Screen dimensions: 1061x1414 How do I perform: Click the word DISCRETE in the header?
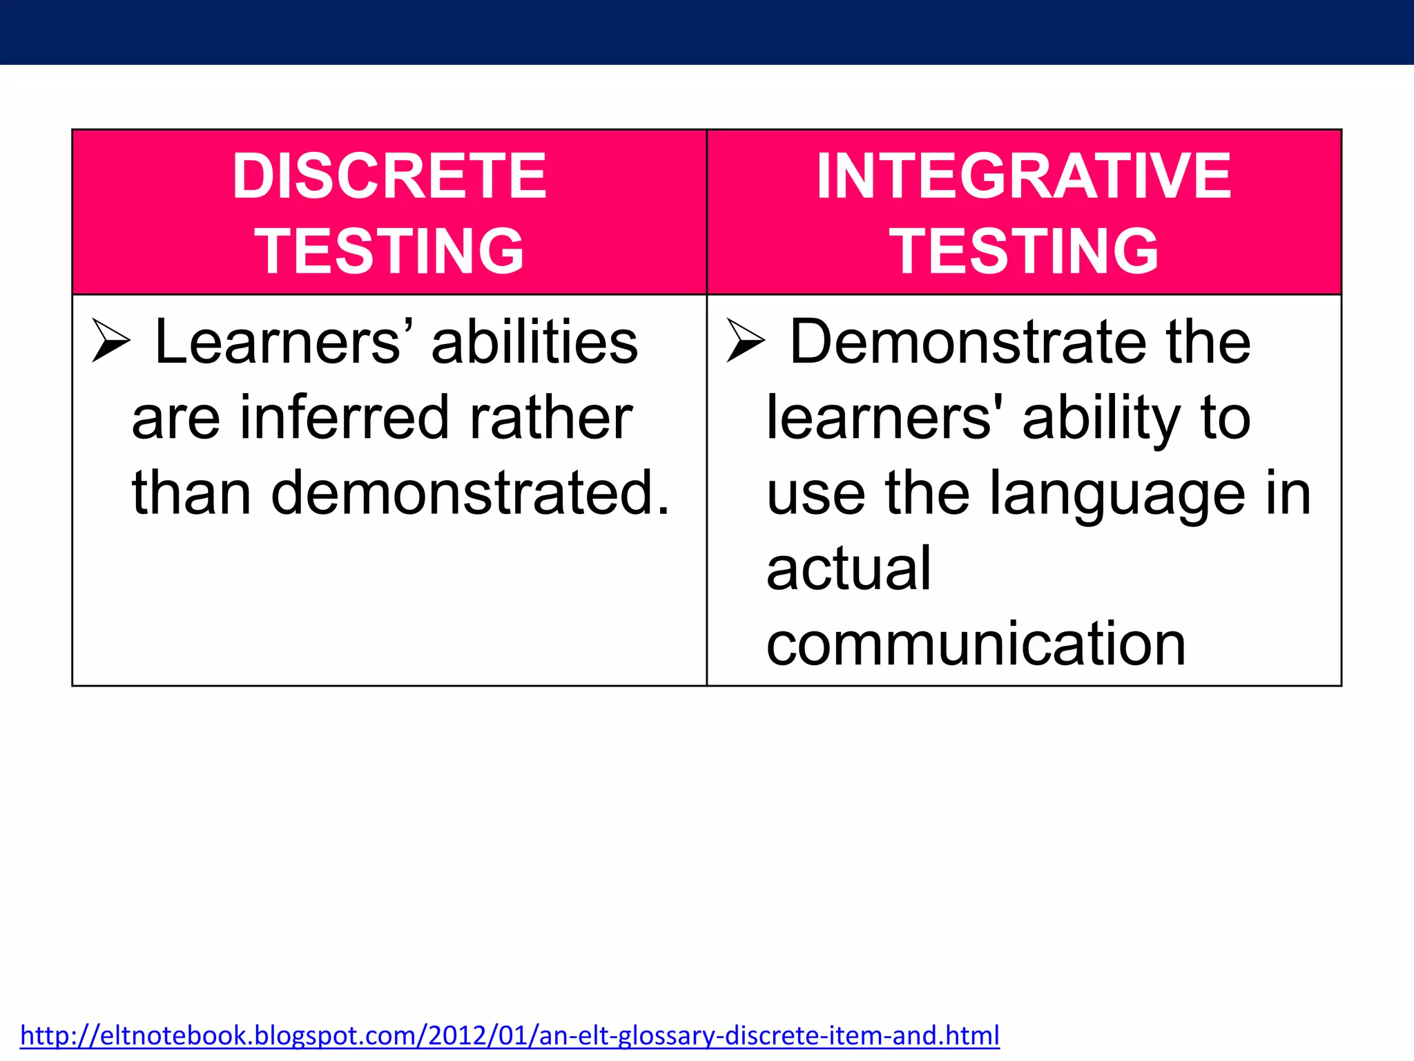point(389,177)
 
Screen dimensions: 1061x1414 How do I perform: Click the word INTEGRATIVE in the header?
point(1024,177)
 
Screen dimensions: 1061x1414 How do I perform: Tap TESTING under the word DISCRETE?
point(389,251)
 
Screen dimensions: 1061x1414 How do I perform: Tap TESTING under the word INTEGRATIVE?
point(1024,251)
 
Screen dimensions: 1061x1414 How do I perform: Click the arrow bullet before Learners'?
point(111,341)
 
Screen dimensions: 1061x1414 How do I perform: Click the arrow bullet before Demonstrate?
point(746,341)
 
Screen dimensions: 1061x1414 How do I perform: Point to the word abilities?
point(534,342)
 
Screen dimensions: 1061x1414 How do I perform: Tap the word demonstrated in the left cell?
point(469,493)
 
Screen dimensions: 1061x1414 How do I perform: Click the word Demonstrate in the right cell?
point(967,342)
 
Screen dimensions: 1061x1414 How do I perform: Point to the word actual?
point(849,568)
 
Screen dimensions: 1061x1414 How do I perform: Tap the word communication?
point(976,644)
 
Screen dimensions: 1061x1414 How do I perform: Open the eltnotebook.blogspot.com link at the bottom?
point(510,1035)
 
